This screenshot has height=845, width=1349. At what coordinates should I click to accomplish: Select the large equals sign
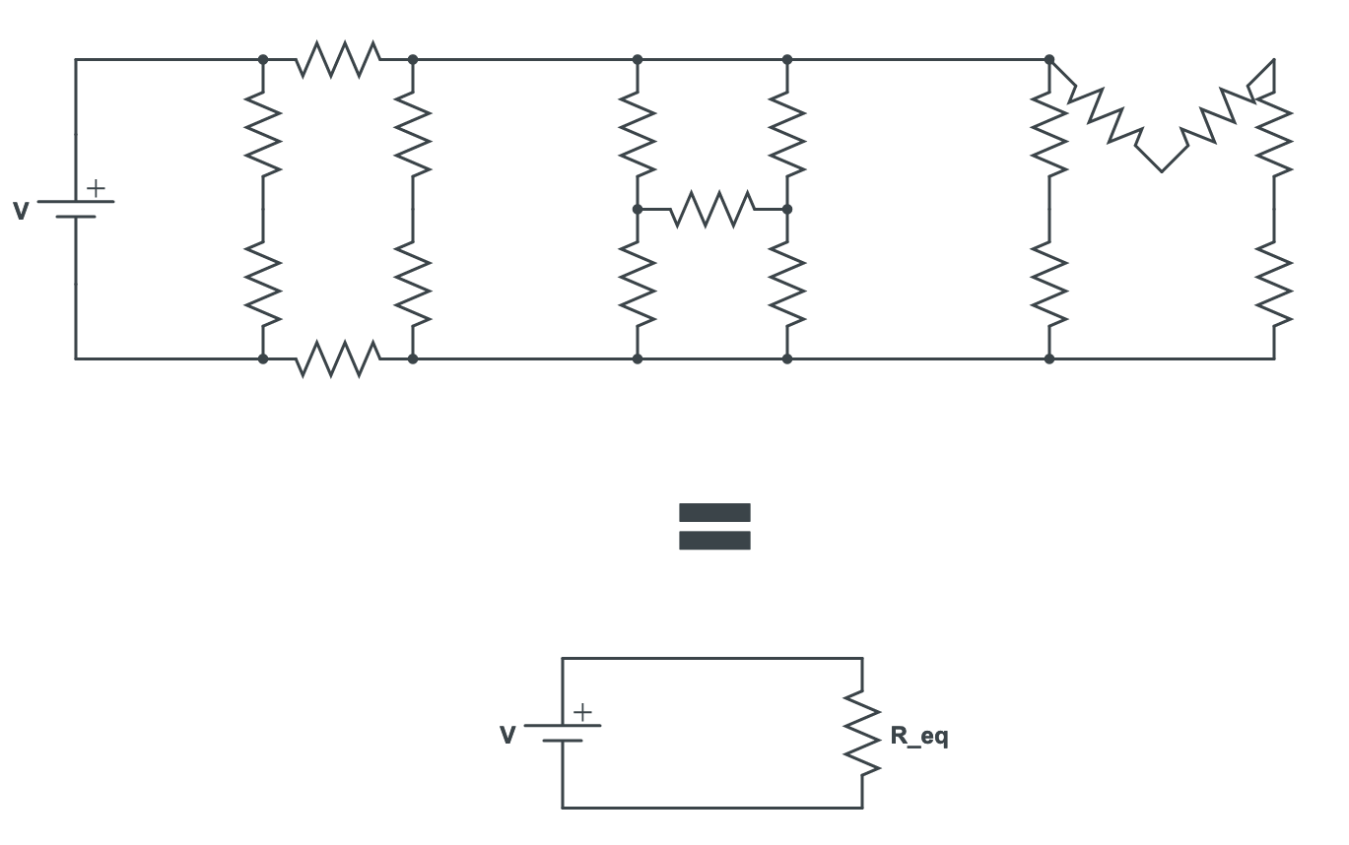[x=714, y=527]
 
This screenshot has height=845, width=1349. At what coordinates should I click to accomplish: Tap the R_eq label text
[x=918, y=736]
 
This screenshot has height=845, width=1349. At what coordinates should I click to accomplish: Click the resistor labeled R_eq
[x=862, y=734]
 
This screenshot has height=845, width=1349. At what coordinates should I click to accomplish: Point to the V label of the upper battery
[x=21, y=211]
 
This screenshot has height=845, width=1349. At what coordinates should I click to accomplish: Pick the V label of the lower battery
[x=507, y=736]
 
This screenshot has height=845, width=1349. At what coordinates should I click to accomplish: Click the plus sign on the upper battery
[x=96, y=187]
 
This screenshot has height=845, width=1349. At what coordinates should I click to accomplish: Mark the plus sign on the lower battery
[x=582, y=712]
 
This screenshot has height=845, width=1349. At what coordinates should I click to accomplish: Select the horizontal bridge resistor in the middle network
[x=712, y=209]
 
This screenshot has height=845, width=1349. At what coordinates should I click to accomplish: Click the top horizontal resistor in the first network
[x=338, y=59]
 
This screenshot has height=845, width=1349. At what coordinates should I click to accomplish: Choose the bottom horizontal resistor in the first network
[x=338, y=358]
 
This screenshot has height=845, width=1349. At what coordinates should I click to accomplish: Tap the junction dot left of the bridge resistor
[x=638, y=209]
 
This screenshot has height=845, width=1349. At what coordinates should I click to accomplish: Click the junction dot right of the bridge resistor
[x=786, y=209]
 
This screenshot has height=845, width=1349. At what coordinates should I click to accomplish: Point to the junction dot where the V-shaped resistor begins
[x=1049, y=60]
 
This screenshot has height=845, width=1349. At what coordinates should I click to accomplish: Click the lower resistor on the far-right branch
[x=1274, y=285]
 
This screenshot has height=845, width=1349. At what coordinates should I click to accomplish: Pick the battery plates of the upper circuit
[x=76, y=209]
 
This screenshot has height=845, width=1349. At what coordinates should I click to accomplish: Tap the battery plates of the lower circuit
[x=563, y=733]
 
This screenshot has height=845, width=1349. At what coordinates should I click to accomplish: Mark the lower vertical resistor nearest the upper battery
[x=263, y=285]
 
